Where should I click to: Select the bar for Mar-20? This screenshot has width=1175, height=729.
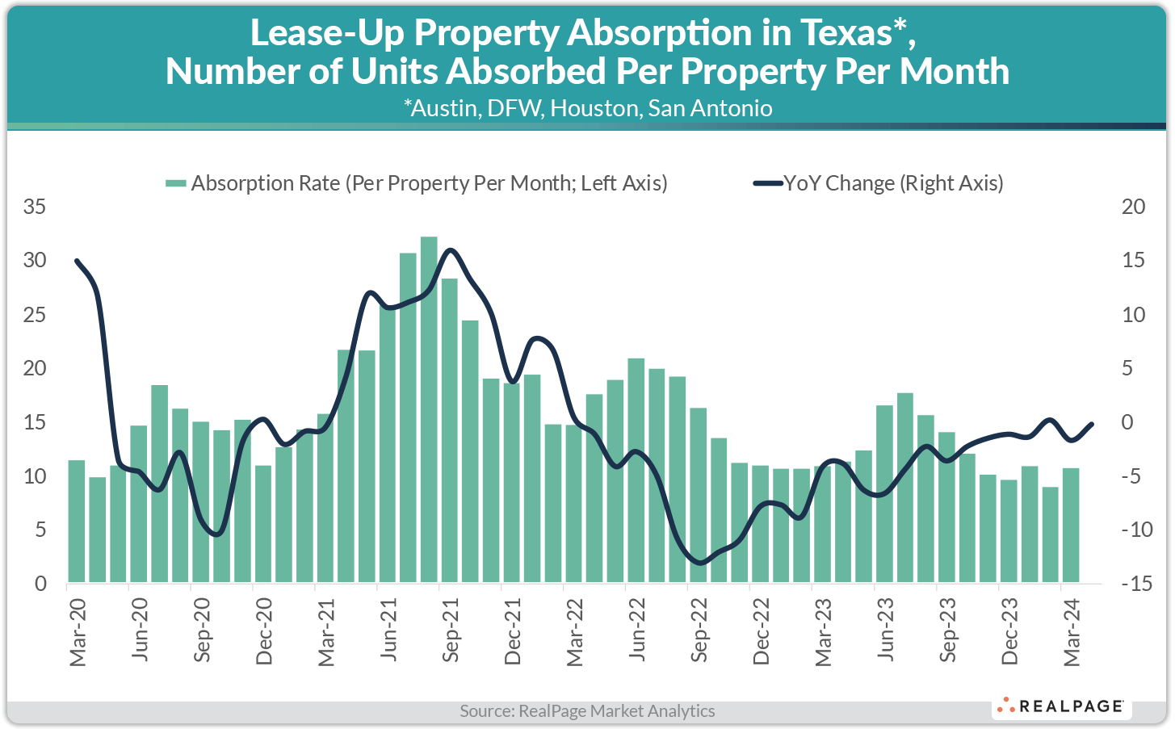click(77, 521)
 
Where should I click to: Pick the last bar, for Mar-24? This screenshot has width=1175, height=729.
click(1071, 525)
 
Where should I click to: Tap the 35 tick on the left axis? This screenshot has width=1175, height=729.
click(35, 207)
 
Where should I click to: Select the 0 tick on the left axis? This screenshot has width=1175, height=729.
click(40, 584)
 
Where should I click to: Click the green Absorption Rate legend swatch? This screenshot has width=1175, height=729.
click(175, 184)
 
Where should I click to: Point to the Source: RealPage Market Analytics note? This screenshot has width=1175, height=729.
click(587, 711)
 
